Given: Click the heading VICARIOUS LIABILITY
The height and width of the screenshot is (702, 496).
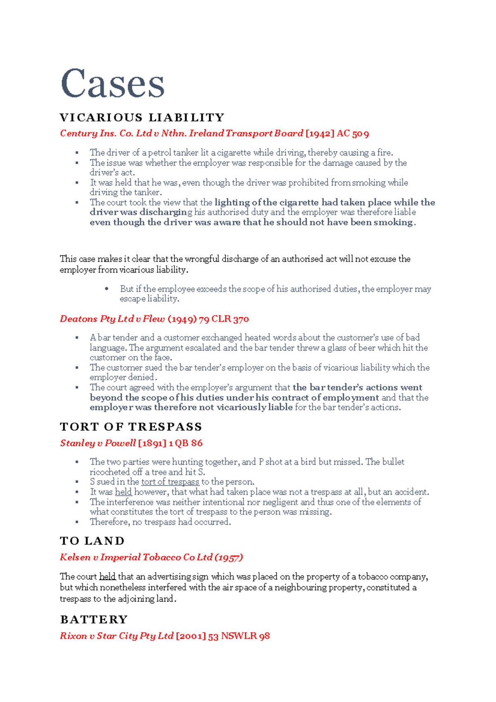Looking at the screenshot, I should pyautogui.click(x=142, y=118).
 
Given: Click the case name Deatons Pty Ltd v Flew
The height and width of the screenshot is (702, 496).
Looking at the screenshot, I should pyautogui.click(x=112, y=319).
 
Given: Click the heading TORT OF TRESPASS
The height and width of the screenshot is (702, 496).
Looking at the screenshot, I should pyautogui.click(x=131, y=427).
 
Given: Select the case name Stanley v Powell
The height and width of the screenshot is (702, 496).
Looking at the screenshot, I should pyautogui.click(x=98, y=443).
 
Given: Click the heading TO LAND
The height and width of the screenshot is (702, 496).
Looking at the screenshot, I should pyautogui.click(x=92, y=541).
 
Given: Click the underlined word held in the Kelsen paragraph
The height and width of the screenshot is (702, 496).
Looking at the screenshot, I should pyautogui.click(x=107, y=577).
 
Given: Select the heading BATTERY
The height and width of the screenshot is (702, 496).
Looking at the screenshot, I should pyautogui.click(x=94, y=620).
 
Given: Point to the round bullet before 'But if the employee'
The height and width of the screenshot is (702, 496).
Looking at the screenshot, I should pyautogui.click(x=107, y=289).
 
